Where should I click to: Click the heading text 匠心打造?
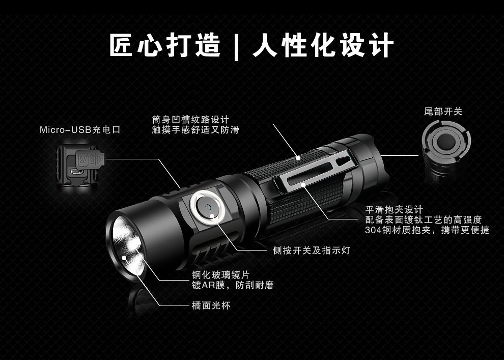[165, 45]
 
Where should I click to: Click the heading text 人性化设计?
[323, 45]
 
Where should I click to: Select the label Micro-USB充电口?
[80, 130]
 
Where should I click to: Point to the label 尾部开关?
[443, 112]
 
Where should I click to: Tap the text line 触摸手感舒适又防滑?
[195, 130]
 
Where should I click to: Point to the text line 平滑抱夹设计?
[394, 209]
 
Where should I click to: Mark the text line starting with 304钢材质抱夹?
[427, 230]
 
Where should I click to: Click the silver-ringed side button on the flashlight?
[207, 208]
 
